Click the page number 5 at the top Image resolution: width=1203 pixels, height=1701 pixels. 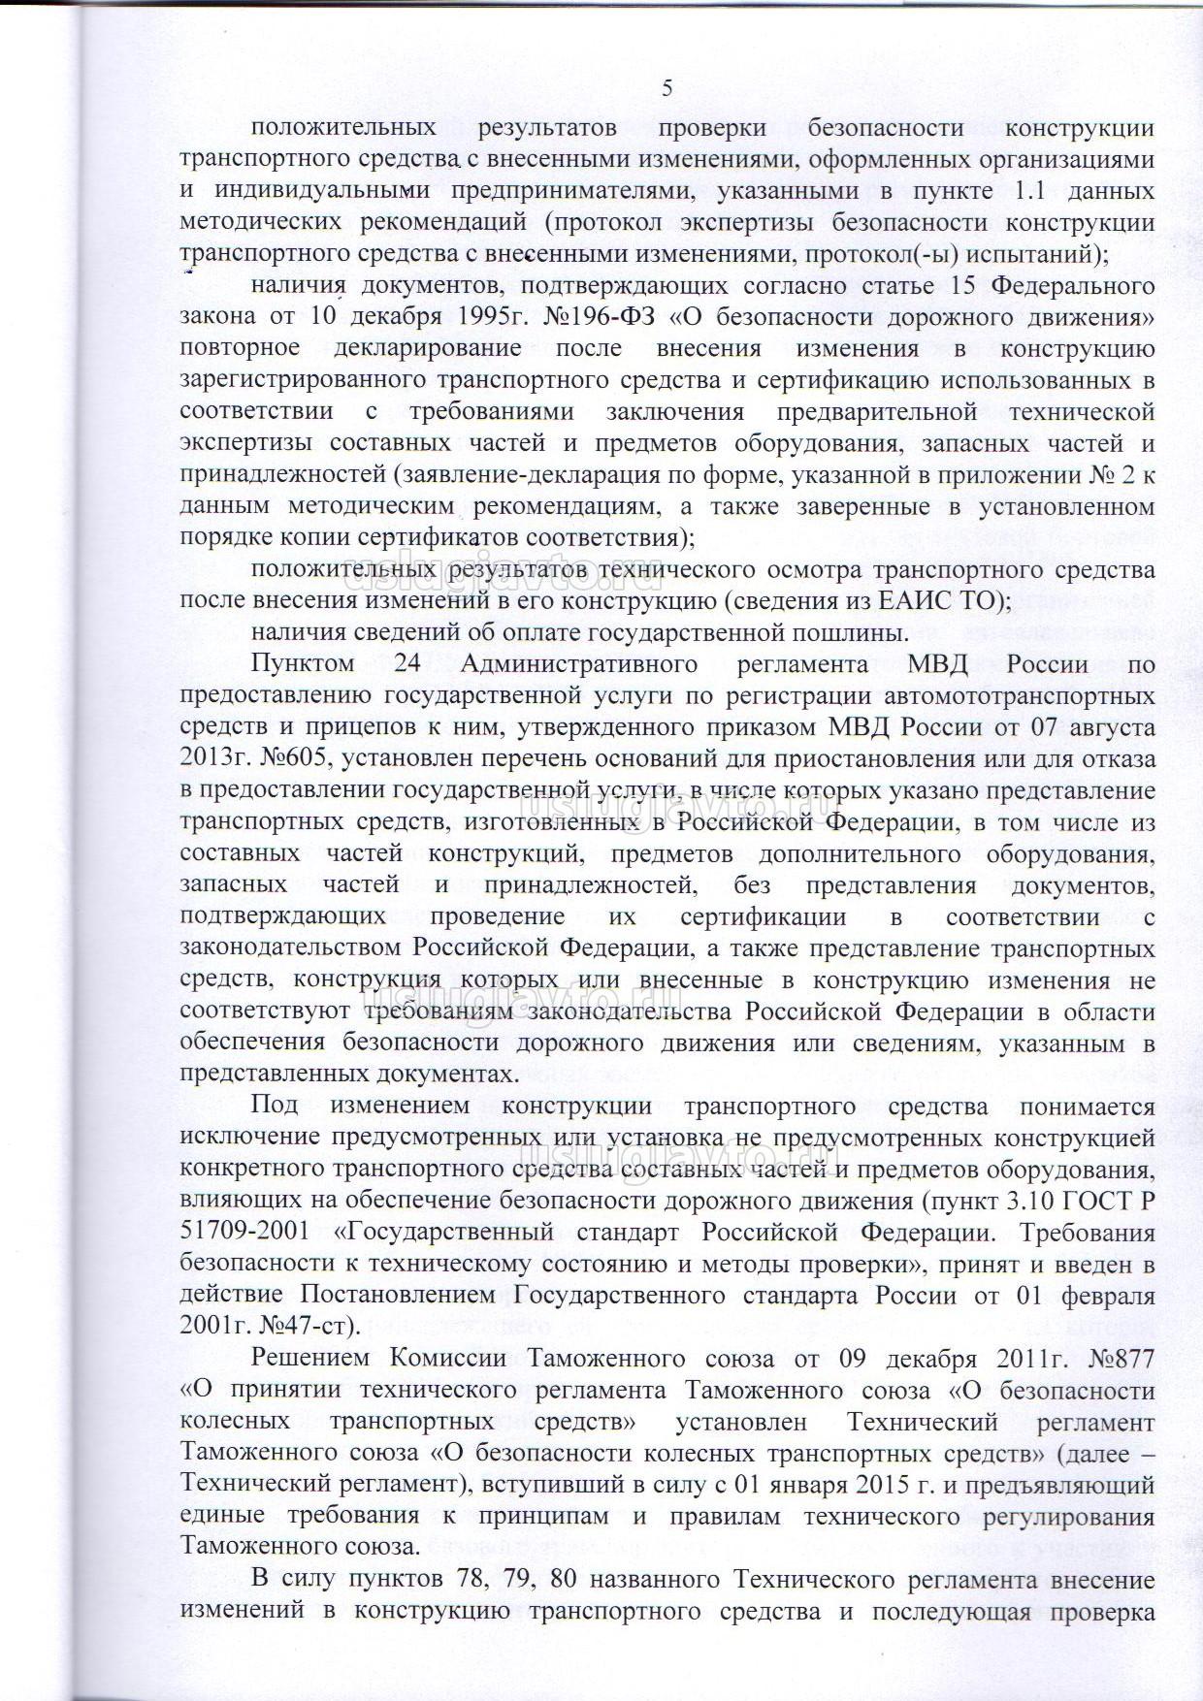click(x=667, y=88)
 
